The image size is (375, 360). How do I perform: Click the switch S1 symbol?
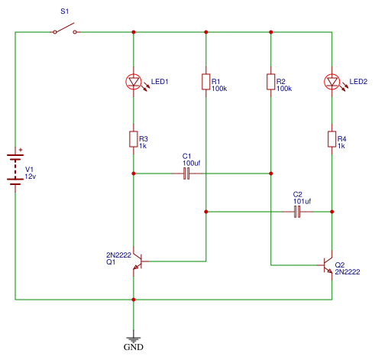[x=65, y=29]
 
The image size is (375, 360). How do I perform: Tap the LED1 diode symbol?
[x=134, y=82]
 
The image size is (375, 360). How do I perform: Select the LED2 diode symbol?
[x=332, y=82]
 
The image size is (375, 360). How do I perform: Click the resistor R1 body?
[x=206, y=82]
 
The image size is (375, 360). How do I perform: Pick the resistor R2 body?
[x=271, y=82]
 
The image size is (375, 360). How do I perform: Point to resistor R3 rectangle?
[x=134, y=139]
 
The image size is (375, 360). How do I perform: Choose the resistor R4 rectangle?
[x=332, y=139]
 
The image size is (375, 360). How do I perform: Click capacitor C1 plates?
[x=186, y=174]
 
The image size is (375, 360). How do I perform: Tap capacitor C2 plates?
[x=297, y=212]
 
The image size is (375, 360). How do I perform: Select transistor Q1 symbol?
[x=138, y=261]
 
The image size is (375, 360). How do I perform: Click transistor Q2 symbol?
[x=327, y=265]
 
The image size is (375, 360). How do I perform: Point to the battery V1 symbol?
[x=15, y=170]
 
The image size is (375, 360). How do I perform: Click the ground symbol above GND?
[x=134, y=339]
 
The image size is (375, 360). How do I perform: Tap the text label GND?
[x=134, y=347]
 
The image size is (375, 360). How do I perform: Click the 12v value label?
[x=31, y=177]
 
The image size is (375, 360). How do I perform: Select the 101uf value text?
[x=302, y=201]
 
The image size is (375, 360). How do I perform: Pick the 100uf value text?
[x=192, y=163]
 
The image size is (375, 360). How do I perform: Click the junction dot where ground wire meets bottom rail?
[x=134, y=300]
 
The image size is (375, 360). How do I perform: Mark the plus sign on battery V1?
[x=21, y=150]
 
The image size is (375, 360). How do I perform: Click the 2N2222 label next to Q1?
[x=118, y=255]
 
